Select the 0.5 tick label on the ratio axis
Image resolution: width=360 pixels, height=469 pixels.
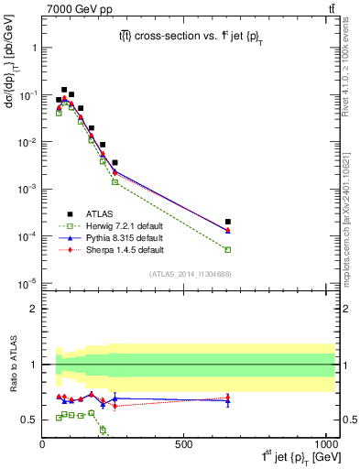click(x=27, y=420)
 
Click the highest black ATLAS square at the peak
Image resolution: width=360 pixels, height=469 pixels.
click(x=64, y=90)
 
